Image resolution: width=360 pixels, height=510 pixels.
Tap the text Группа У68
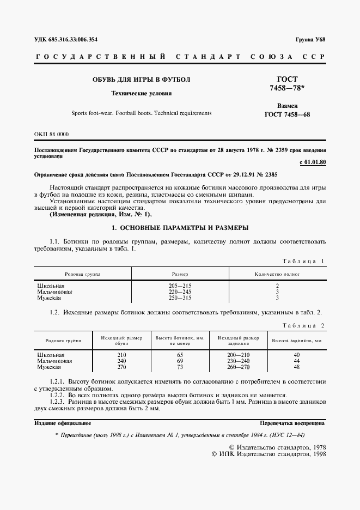(310, 39)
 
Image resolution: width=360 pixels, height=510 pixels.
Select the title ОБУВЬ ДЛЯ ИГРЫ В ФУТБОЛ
(141, 80)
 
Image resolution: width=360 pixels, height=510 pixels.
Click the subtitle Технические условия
(141, 93)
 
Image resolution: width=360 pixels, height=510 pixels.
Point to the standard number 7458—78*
(287, 88)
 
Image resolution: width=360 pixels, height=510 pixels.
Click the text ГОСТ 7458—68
(287, 114)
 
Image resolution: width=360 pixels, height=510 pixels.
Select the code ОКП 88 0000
(51, 134)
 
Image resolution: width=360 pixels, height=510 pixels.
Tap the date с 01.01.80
(313, 162)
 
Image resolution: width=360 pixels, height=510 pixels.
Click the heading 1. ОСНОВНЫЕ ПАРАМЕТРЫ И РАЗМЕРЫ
(180, 227)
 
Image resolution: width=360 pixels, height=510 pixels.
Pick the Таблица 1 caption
(303, 262)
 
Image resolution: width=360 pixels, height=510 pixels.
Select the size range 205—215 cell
(180, 286)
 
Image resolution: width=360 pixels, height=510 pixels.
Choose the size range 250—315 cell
(180, 298)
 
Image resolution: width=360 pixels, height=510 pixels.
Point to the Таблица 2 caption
(303, 325)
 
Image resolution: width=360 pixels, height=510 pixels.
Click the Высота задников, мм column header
(297, 341)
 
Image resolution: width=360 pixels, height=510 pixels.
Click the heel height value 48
(297, 367)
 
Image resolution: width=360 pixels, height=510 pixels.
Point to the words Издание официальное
(63, 423)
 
